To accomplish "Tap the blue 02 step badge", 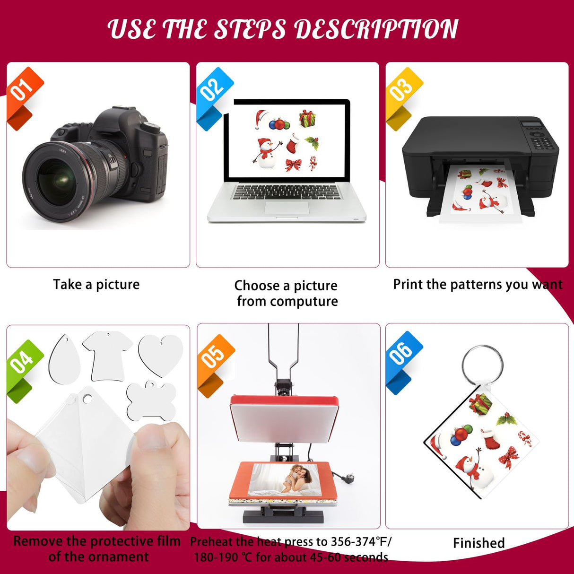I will [214, 90].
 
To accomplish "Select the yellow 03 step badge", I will [403, 90].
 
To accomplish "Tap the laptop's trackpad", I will [287, 208].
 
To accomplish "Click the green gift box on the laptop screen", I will [307, 118].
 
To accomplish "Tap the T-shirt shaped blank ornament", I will [107, 355].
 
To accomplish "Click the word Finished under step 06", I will [478, 543].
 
